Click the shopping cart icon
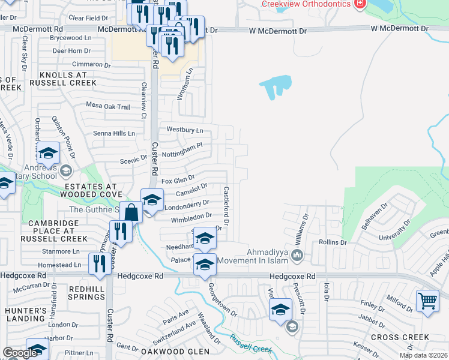click(x=427, y=301)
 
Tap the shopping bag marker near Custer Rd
click(x=131, y=212)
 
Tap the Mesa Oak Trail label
click(x=108, y=107)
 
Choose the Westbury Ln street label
click(x=185, y=129)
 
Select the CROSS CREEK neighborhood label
click(x=400, y=337)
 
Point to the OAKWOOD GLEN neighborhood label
click(x=175, y=351)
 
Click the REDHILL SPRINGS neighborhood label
click(x=86, y=293)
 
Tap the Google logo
click(x=20, y=353)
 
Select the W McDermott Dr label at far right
click(x=400, y=28)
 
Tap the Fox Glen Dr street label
click(x=178, y=179)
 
